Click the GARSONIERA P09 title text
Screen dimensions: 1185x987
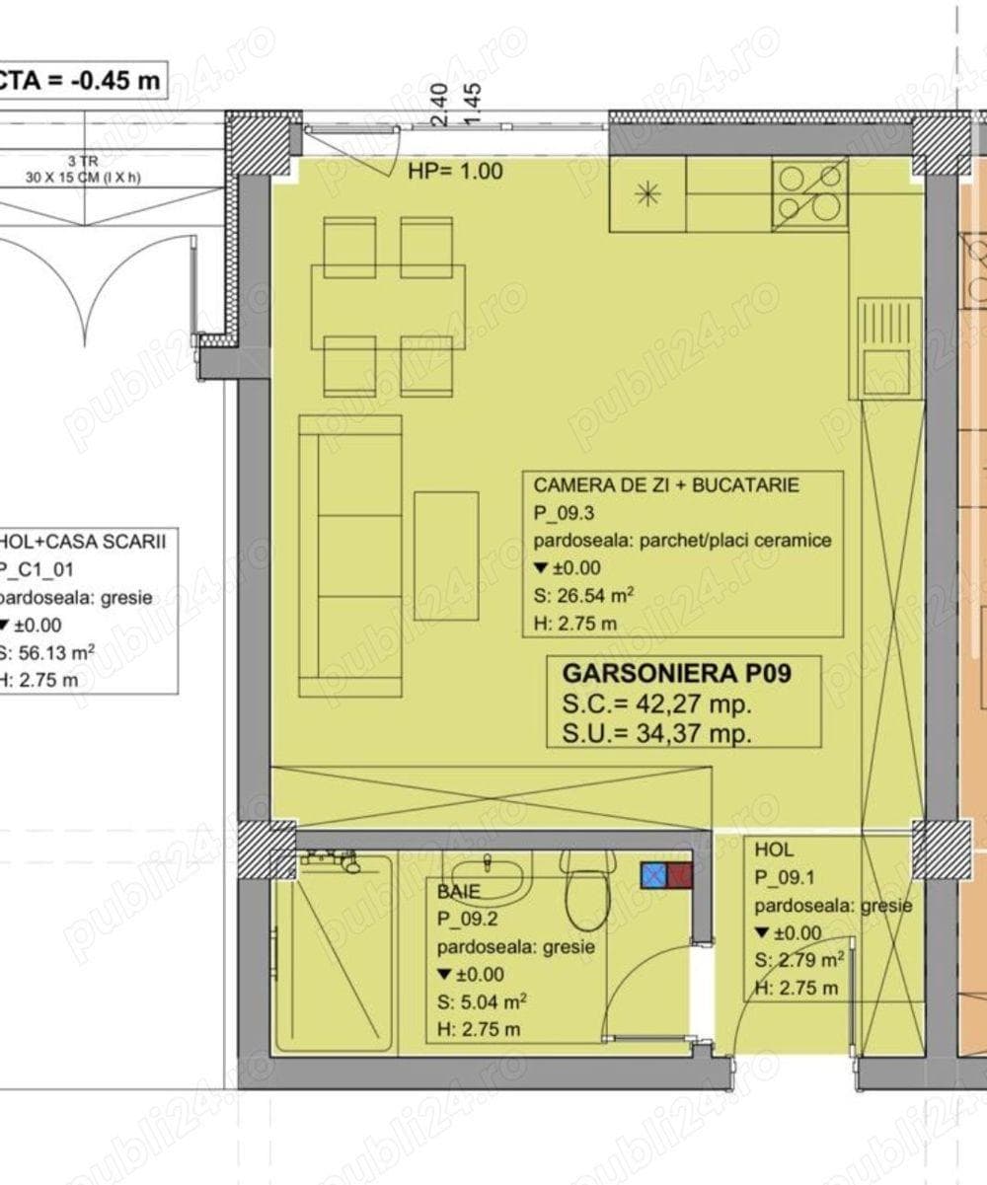click(x=677, y=674)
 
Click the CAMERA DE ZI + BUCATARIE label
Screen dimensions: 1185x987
click(x=666, y=485)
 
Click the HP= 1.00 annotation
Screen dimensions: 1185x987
click(x=455, y=171)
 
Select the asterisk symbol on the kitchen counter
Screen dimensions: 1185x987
click(x=647, y=194)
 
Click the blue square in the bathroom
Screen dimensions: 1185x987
click(x=653, y=874)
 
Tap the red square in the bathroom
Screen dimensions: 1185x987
click(x=680, y=874)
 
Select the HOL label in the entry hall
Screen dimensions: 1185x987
click(x=774, y=849)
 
